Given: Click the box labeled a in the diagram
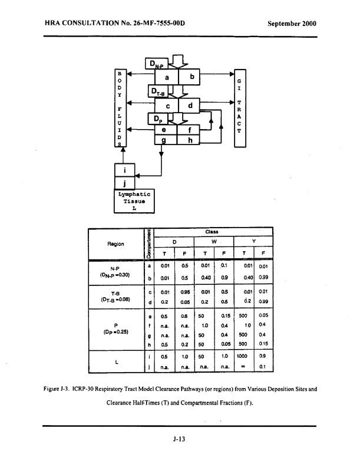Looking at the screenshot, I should coord(167,77).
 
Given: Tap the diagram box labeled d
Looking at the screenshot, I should coord(190,106).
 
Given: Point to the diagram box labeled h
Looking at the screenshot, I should coord(190,140).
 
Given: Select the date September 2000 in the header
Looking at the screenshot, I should coord(292,24).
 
